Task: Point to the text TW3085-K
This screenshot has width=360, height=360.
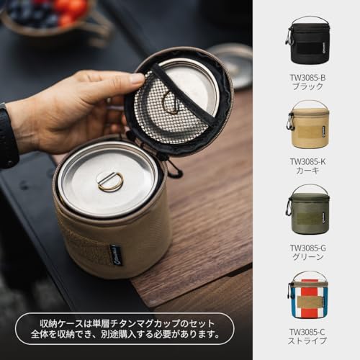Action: [307, 161]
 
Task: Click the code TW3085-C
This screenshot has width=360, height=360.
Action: [307, 332]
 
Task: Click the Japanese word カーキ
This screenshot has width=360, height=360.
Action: [307, 172]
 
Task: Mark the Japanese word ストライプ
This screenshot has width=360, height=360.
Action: [307, 342]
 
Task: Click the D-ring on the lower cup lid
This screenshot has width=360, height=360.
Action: [110, 182]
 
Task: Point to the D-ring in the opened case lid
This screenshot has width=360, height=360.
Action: [172, 103]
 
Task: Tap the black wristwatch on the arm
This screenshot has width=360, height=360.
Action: [7, 137]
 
